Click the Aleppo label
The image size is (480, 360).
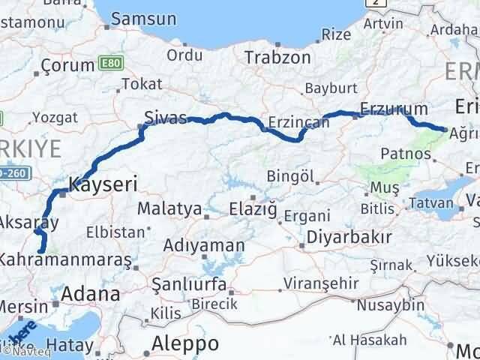coord(184,343)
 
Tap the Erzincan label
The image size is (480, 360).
coord(299,121)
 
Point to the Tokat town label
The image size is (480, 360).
coord(141,84)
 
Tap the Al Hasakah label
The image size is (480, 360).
coord(365,341)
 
